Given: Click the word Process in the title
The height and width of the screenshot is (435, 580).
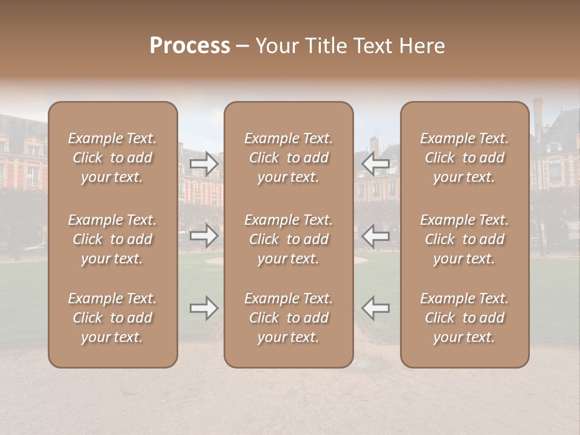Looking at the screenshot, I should click(x=190, y=46).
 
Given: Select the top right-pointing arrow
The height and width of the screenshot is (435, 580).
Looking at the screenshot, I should click(x=204, y=164).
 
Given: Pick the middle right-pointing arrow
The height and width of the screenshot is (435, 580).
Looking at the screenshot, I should click(x=204, y=236).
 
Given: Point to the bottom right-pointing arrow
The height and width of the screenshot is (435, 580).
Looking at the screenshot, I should click(x=204, y=308).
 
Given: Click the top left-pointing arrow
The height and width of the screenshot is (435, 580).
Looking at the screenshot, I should click(x=376, y=164).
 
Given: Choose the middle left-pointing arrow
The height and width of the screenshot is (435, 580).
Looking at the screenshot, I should click(x=376, y=236).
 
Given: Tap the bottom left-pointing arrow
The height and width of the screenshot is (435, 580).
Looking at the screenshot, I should click(x=376, y=308).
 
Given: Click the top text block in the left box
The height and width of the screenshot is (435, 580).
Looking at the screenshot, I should click(x=112, y=158).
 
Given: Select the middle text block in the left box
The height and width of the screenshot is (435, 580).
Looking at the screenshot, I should click(x=112, y=239).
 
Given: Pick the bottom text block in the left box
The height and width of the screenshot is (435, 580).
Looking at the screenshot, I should click(x=112, y=318).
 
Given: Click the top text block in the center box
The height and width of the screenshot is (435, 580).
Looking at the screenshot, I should click(x=288, y=158).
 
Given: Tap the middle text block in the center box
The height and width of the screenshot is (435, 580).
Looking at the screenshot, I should click(x=288, y=239).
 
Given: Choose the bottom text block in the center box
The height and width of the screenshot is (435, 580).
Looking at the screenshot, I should click(x=288, y=318).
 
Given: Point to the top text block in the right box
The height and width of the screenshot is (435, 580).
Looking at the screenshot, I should click(x=465, y=158).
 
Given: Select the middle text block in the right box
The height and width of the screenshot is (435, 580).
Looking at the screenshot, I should click(x=465, y=239).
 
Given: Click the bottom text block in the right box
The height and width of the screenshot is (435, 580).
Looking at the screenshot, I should click(x=465, y=318).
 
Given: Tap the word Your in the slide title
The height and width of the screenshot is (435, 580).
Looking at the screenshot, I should click(x=276, y=46).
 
